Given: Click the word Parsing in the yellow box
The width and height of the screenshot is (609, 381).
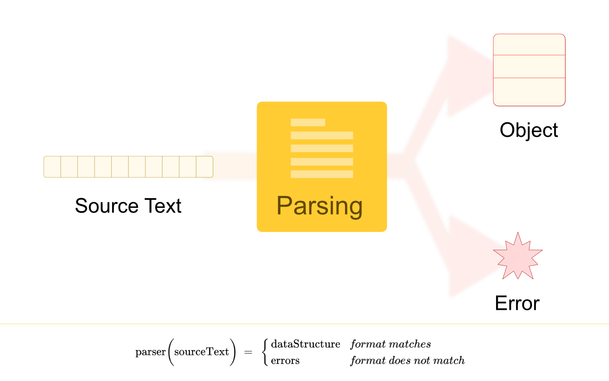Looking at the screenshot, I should tap(319, 206).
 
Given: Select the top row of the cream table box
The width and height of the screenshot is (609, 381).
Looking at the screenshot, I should tap(529, 45).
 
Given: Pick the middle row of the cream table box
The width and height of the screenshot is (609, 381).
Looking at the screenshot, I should tap(529, 66).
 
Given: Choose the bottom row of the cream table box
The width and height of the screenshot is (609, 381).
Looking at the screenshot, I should tap(529, 91).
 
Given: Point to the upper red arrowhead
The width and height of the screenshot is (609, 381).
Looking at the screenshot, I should tap(465, 76).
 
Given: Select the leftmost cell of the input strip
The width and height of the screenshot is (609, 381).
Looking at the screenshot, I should tap(52, 167).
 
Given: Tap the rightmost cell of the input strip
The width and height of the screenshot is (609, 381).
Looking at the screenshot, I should tap(205, 167).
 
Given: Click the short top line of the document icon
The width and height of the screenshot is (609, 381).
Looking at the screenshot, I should tap(308, 122).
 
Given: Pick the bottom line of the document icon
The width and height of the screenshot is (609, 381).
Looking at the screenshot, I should tap(322, 174).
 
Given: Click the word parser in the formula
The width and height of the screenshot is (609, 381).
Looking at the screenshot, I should tap(151, 352).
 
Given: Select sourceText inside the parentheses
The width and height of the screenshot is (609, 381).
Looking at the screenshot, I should tap(201, 352).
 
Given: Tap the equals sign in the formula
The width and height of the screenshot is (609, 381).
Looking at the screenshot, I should tap(248, 352).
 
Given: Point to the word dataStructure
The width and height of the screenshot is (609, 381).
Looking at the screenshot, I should tap(305, 344).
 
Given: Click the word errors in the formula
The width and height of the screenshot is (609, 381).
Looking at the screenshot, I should tap(285, 361).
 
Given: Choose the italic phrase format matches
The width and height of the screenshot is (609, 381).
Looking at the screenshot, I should tap(390, 344).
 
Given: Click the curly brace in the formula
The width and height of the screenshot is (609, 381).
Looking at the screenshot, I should tap(265, 352).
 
